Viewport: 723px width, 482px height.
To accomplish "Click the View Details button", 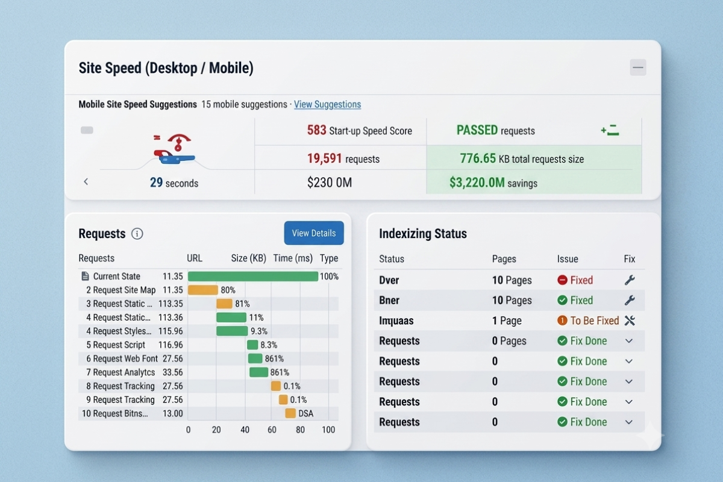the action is [x=314, y=233].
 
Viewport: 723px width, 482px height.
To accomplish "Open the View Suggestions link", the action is [x=327, y=104].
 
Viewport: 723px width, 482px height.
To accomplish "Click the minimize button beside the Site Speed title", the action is [x=638, y=67].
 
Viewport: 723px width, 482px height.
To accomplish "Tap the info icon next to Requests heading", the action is [x=137, y=233].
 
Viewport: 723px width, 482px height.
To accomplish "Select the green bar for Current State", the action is [x=252, y=277].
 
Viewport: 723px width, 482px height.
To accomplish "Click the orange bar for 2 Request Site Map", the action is [x=202, y=290].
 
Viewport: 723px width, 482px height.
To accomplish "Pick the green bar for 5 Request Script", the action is [x=252, y=345].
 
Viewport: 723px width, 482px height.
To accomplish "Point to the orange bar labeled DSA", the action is [x=290, y=413].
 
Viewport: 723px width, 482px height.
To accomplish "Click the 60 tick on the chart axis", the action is [x=272, y=430].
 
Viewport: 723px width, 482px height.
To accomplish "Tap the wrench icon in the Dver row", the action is [x=630, y=280].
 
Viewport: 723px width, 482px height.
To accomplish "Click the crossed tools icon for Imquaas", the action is [x=630, y=321].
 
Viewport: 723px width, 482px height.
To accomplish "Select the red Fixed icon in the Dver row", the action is [x=562, y=280].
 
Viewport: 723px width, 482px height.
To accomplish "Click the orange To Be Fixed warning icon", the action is [x=562, y=321].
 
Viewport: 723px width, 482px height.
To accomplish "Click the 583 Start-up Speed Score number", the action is [x=317, y=130].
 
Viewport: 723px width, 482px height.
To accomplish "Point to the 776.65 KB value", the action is [x=478, y=158].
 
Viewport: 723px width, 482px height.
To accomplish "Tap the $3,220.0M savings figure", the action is [x=477, y=183].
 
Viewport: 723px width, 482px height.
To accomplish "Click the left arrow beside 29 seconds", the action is [x=86, y=182].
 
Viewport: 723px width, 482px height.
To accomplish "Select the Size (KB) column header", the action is [x=248, y=258].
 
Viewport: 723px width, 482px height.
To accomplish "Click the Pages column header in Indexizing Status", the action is [x=504, y=259].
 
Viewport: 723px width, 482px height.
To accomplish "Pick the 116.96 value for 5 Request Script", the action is [x=171, y=345].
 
